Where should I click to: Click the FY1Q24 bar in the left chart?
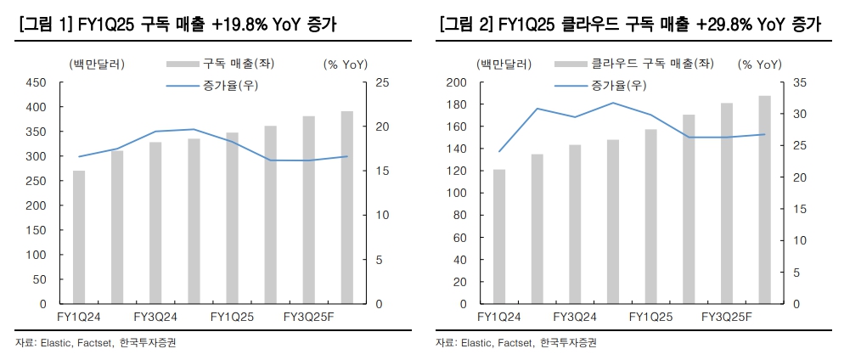click(x=79, y=237)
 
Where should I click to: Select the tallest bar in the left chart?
click(x=347, y=207)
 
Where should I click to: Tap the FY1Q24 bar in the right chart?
click(x=499, y=237)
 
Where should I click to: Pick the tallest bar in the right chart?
click(x=764, y=200)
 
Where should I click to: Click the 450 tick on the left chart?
click(x=36, y=82)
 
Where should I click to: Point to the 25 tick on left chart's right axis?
click(x=382, y=82)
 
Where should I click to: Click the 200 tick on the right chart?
click(x=456, y=82)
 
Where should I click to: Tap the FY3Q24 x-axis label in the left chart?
click(x=155, y=317)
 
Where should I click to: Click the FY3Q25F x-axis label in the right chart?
click(x=727, y=317)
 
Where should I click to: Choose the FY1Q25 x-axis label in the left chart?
click(x=232, y=317)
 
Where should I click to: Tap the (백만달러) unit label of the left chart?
click(x=88, y=64)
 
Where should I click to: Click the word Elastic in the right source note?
click(x=475, y=343)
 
